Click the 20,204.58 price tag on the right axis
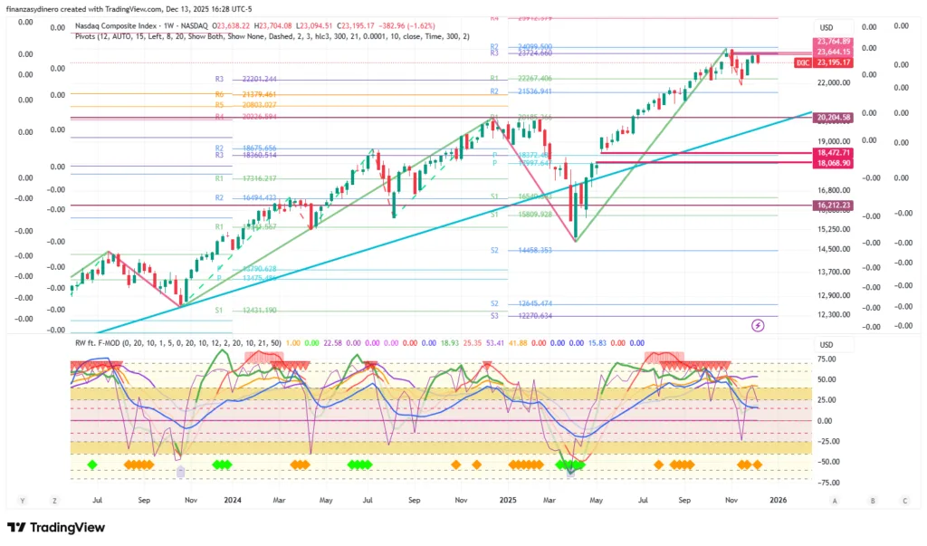click(833, 118)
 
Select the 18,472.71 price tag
click(833, 153)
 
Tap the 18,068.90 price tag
click(833, 163)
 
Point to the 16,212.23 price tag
click(833, 206)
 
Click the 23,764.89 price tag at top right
click(833, 42)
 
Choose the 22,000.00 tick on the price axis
click(833, 82)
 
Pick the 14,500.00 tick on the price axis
click(833, 250)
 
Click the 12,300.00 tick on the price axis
click(833, 314)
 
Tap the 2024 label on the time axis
click(233, 500)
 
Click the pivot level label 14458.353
click(533, 250)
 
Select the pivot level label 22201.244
click(259, 80)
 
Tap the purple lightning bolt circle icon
click(758, 325)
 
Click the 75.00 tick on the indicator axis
click(826, 359)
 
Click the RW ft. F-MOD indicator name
click(100, 343)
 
